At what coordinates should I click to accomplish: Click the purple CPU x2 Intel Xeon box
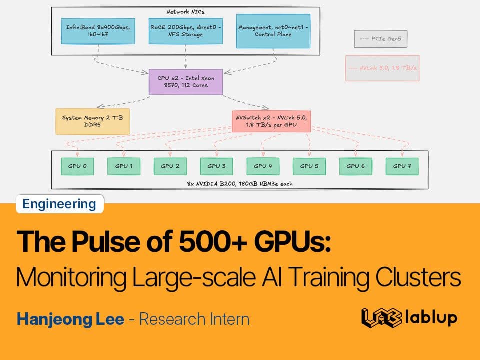click(x=186, y=82)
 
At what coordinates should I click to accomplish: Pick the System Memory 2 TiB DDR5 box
click(x=92, y=121)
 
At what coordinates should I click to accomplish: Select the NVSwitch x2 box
click(x=264, y=121)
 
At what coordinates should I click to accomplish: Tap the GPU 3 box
click(x=217, y=166)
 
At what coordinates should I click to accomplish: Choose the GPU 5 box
click(x=309, y=166)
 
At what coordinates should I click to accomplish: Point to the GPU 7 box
click(x=402, y=166)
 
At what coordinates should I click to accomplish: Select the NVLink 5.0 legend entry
click(x=382, y=68)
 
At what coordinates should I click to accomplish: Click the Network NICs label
click(x=186, y=11)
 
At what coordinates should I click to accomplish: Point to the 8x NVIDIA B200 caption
click(x=239, y=184)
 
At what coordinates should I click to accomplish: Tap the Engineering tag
click(x=59, y=204)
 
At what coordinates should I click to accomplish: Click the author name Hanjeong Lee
click(x=70, y=319)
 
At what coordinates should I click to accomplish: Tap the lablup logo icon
click(x=381, y=318)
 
